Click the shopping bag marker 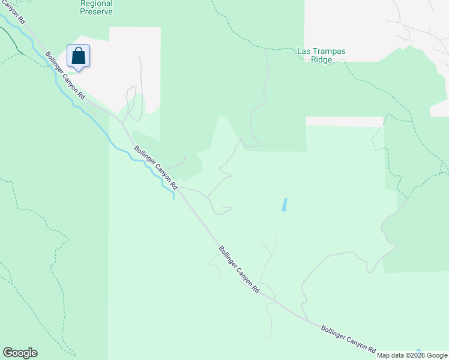click(x=79, y=56)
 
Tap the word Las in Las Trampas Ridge click(x=304, y=52)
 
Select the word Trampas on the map click(x=329, y=52)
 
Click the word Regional click(x=96, y=3)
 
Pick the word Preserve click(x=96, y=11)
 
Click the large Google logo click(x=20, y=353)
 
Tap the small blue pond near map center click(x=284, y=205)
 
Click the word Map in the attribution click(x=384, y=355)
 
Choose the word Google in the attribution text click(x=437, y=355)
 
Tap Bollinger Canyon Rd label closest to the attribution click(x=348, y=339)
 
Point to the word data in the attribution click(x=398, y=355)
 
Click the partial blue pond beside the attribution click(x=418, y=350)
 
